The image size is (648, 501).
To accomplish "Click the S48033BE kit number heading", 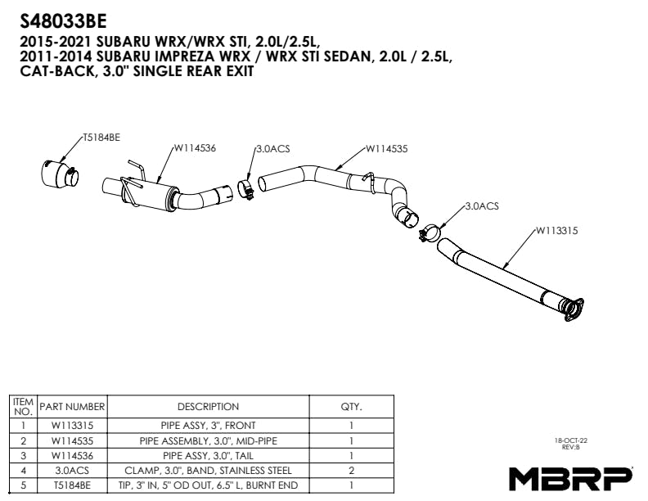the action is tap(63, 21).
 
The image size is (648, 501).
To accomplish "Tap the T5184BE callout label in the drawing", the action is tap(101, 138).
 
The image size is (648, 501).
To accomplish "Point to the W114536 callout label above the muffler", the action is tap(195, 148).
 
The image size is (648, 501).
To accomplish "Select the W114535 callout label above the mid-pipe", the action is tap(386, 149).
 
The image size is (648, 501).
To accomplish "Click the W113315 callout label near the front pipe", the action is tap(556, 231).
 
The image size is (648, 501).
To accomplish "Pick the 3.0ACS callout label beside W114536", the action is tap(273, 149).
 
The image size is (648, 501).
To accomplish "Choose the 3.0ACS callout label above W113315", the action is tap(482, 205).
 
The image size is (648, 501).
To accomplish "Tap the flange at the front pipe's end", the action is tap(574, 309).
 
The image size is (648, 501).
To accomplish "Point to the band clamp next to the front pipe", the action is tap(430, 234).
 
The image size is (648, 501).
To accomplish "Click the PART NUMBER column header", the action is tap(72, 407).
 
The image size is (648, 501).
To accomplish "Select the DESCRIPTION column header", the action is tap(209, 407).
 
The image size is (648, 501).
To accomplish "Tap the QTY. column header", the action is tap(351, 407).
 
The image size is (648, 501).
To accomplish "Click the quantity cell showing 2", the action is tap(351, 471).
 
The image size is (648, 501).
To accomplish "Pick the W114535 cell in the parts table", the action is tap(72, 441).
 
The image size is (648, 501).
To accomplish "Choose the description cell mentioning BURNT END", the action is tap(209, 485).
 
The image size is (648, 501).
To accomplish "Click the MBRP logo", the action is tap(570, 479).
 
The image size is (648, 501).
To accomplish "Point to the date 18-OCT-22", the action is tap(571, 440).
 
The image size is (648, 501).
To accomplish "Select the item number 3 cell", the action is tap(23, 456).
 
